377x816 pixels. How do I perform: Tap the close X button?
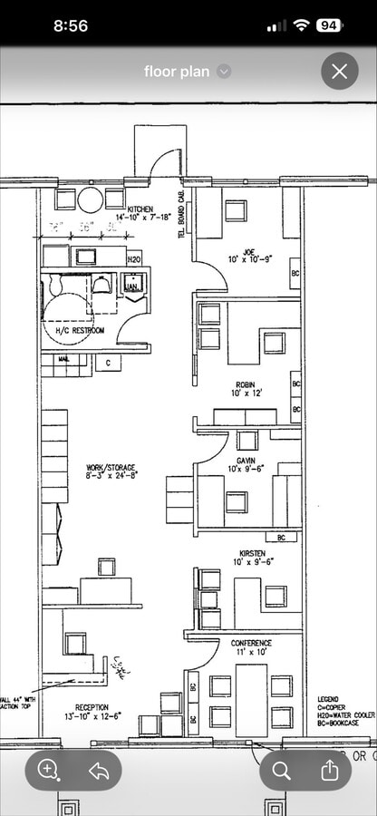pyautogui.click(x=340, y=72)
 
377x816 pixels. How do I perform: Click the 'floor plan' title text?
pyautogui.click(x=176, y=72)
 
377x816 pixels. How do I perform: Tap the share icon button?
pyautogui.click(x=330, y=770)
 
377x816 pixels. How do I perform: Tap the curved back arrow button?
pyautogui.click(x=98, y=770)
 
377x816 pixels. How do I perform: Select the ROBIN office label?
pyautogui.click(x=247, y=384)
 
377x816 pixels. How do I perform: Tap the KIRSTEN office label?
pyautogui.click(x=252, y=552)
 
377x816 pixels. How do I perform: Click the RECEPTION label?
pyautogui.click(x=92, y=707)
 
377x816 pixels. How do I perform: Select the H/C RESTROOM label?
pyautogui.click(x=80, y=331)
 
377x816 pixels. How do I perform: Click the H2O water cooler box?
pyautogui.click(x=134, y=257)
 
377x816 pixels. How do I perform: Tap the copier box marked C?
pyautogui.click(x=108, y=363)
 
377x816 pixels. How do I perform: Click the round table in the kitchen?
pyautogui.click(x=91, y=199)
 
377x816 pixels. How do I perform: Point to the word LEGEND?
pyautogui.click(x=329, y=699)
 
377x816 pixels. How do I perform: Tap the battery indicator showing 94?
pyautogui.click(x=329, y=25)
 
